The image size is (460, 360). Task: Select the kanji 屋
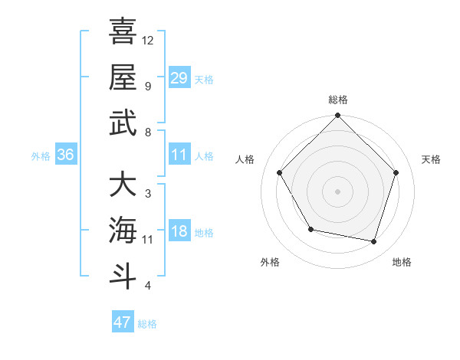(x=123, y=77)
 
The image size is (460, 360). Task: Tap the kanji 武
(x=123, y=123)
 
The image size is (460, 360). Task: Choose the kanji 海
(x=123, y=230)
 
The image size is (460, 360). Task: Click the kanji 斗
(x=123, y=276)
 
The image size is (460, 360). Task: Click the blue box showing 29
(x=179, y=77)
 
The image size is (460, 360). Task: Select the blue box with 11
(x=179, y=155)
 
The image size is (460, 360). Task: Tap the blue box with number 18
(x=179, y=232)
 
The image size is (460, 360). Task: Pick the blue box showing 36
(x=66, y=155)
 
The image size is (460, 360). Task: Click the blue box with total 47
(x=123, y=322)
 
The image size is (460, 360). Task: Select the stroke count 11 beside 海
(x=148, y=240)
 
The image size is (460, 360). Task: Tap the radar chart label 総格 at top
(x=337, y=100)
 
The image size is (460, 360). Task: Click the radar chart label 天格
(x=431, y=159)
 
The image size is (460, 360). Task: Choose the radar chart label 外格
(x=270, y=262)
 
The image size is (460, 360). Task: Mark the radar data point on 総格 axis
(x=337, y=116)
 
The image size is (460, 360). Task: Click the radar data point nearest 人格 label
(x=280, y=172)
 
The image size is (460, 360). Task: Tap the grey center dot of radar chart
(x=337, y=191)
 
